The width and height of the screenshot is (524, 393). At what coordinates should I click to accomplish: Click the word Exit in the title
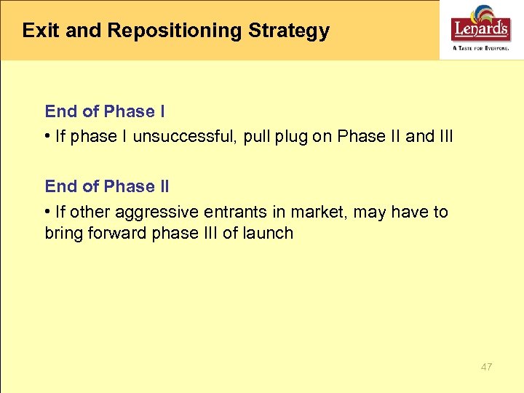click(x=36, y=31)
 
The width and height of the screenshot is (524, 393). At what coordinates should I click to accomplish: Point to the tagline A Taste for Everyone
click(x=481, y=47)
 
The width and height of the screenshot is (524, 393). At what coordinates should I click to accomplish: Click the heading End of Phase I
click(x=105, y=111)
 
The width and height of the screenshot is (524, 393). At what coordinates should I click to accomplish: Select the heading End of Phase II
click(x=107, y=186)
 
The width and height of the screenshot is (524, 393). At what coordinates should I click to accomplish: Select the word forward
click(x=116, y=233)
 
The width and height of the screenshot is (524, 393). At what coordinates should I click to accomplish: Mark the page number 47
click(x=486, y=367)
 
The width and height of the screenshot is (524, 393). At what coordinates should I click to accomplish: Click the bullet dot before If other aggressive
click(x=47, y=212)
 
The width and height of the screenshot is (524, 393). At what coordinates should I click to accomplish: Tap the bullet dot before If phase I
click(x=47, y=136)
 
